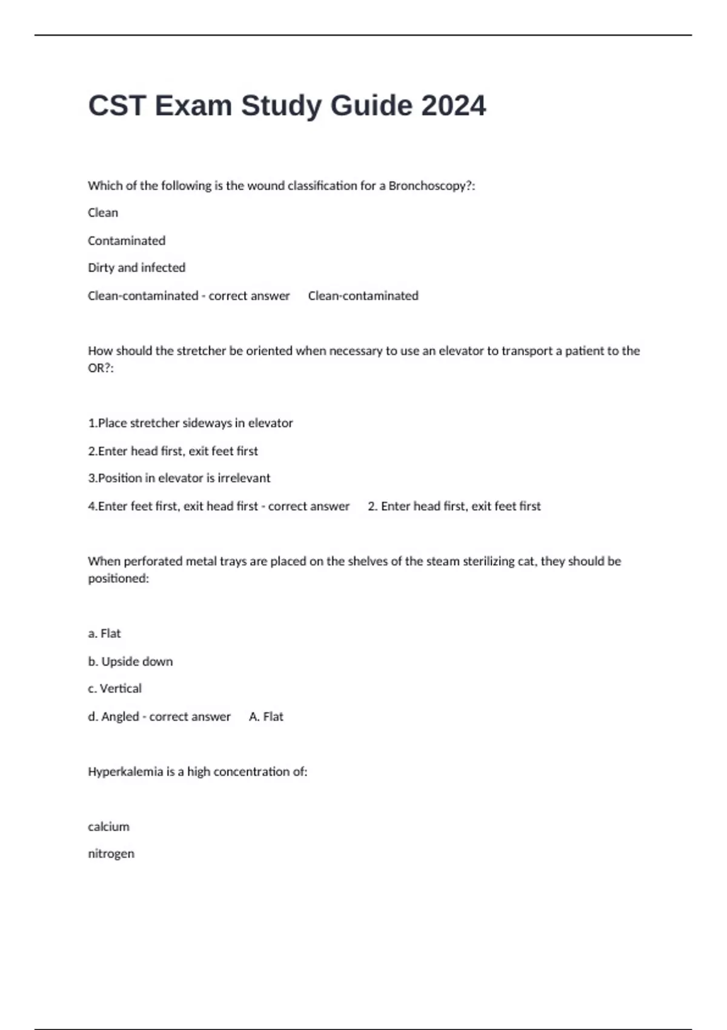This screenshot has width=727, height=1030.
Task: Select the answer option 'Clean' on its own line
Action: [103, 213]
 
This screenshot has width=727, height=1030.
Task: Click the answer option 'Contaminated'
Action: [127, 241]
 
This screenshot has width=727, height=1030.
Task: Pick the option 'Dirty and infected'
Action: [136, 268]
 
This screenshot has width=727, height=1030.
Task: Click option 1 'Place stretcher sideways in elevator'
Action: [190, 423]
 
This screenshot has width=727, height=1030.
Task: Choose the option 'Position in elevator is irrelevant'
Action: [179, 478]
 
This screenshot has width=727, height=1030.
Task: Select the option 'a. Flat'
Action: [104, 633]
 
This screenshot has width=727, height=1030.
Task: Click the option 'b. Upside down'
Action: [130, 662]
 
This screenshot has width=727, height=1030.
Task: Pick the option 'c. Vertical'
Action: [115, 689]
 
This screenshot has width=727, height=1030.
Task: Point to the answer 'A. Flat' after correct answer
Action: [266, 717]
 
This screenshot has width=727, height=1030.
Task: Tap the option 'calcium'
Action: [108, 827]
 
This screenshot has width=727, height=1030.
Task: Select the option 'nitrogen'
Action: [111, 854]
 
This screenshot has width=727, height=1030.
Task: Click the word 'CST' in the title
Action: [117, 106]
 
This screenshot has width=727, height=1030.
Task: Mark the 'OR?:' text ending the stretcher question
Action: [101, 368]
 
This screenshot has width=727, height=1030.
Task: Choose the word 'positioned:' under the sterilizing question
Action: [118, 579]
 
